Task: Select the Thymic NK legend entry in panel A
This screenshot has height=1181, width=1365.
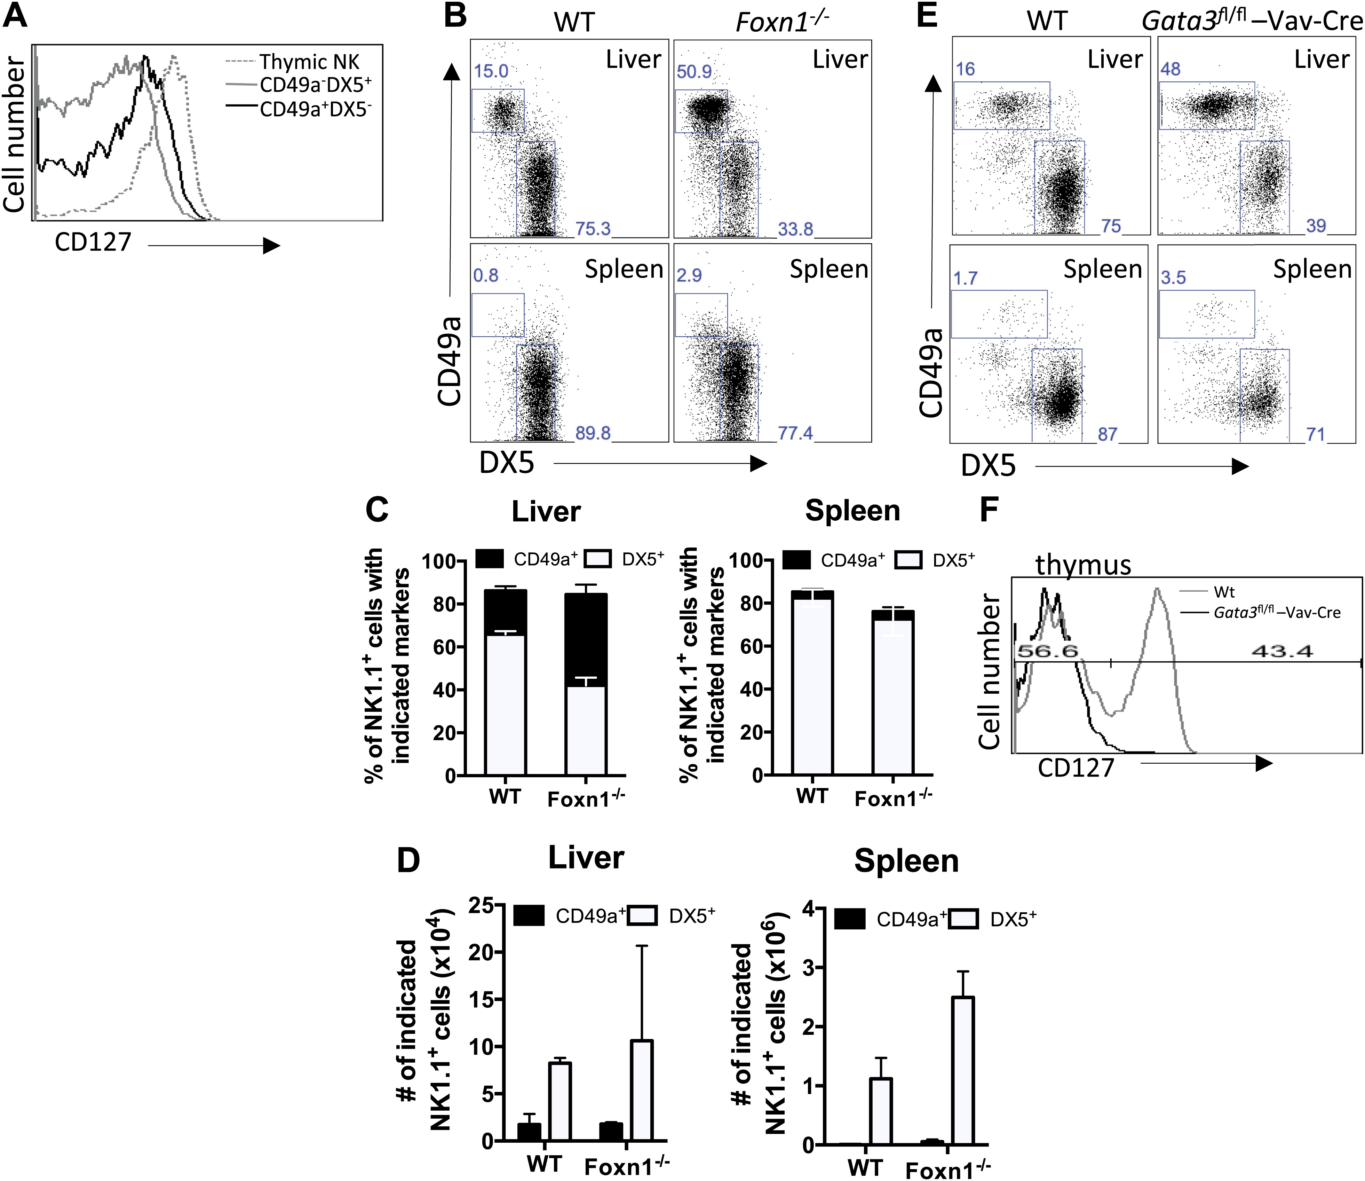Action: click(308, 62)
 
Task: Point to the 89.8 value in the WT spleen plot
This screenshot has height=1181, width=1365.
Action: click(593, 433)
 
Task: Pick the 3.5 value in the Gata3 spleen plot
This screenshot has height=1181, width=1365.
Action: click(1173, 277)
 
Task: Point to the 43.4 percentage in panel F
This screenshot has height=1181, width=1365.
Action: click(1281, 652)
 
